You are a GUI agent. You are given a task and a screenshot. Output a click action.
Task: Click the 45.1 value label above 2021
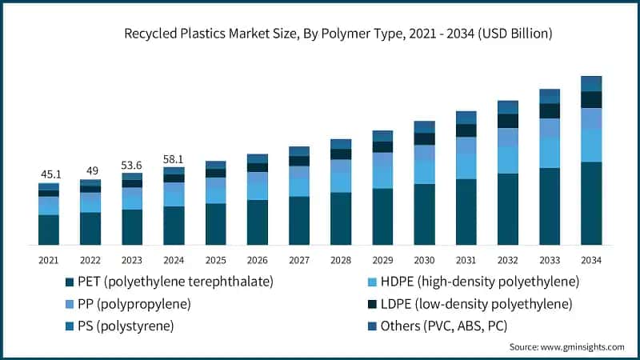[49, 174]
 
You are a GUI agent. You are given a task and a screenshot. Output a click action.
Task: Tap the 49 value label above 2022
[90, 170]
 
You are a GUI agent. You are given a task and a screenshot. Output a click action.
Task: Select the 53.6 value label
[132, 164]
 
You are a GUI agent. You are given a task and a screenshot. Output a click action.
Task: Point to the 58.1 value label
[174, 158]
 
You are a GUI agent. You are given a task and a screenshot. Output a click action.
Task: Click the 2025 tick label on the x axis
[215, 260]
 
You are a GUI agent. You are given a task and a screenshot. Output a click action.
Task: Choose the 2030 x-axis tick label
[424, 260]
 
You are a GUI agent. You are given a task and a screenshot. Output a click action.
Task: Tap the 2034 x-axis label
[591, 260]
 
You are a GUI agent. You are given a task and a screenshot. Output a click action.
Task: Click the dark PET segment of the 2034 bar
[591, 203]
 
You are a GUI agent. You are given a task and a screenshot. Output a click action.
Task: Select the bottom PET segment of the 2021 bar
[49, 230]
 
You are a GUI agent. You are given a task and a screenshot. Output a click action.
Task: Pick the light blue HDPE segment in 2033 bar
[549, 153]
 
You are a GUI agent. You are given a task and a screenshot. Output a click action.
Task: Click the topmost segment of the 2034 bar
[591, 83]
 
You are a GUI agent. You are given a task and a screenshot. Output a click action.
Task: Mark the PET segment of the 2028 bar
[341, 218]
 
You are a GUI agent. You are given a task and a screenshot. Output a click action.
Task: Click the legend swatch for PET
[69, 282]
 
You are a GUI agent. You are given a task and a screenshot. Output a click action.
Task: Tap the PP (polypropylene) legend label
[134, 304]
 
